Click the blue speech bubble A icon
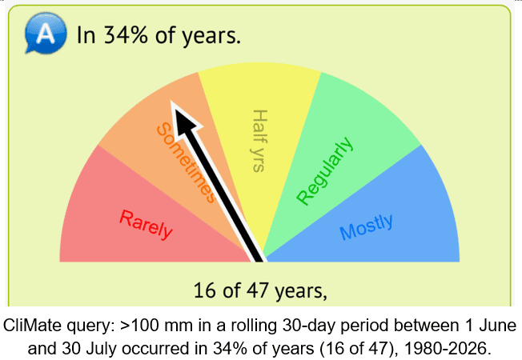pyautogui.click(x=46, y=34)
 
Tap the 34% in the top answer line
pyautogui.click(x=126, y=34)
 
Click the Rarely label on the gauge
pyautogui.click(x=146, y=225)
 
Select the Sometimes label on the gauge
pyautogui.click(x=186, y=162)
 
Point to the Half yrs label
pyautogui.click(x=259, y=141)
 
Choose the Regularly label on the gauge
pyautogui.click(x=324, y=171)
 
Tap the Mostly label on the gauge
pyautogui.click(x=366, y=226)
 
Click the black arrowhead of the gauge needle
pyautogui.click(x=184, y=118)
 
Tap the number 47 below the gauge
pyautogui.click(x=257, y=290)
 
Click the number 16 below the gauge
pyautogui.click(x=204, y=290)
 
